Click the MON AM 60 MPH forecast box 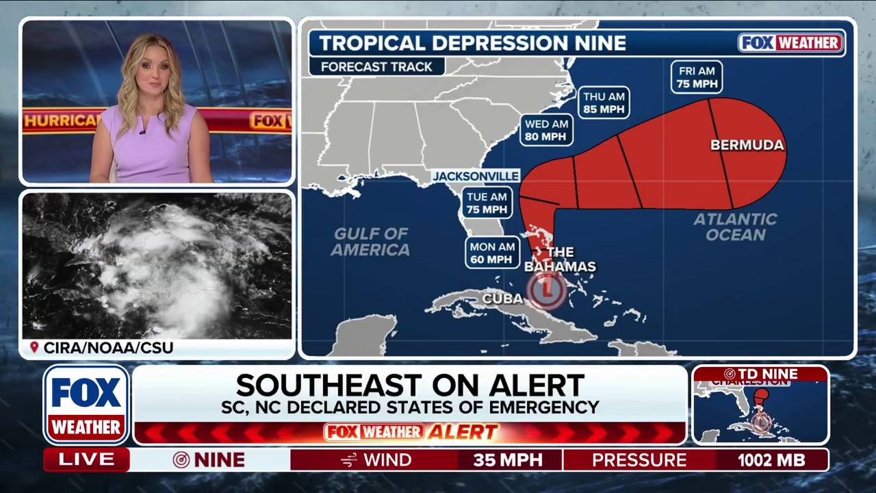493,253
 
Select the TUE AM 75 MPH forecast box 487,202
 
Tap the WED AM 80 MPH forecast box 545,130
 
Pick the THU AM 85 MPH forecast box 603,102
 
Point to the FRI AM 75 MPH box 697,77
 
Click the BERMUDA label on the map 747,145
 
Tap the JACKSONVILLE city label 476,176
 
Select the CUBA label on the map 502,299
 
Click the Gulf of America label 370,242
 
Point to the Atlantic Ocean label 735,227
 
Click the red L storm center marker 546,290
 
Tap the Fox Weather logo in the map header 791,42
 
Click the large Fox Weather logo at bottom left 87,405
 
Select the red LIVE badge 87,460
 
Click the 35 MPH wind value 507,460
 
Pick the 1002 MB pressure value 771,460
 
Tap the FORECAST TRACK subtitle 376,66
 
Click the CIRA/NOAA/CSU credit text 108,348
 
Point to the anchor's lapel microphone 142,131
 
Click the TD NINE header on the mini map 760,374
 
